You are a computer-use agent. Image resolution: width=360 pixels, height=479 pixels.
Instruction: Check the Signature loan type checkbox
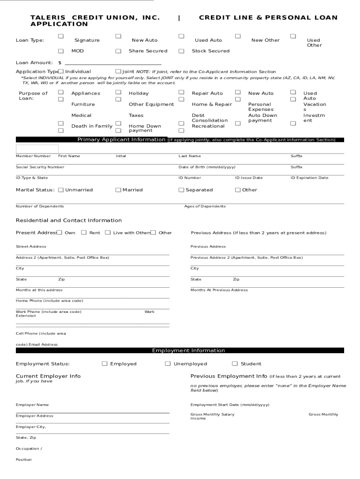coord(61,36)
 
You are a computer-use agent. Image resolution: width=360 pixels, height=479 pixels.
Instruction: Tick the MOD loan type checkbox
coord(61,51)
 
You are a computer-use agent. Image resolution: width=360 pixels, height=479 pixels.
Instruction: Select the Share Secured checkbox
coord(118,51)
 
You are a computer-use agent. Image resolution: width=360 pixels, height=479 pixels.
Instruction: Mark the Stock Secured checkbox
coord(181,51)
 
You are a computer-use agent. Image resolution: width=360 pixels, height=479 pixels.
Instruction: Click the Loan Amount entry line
coord(113,62)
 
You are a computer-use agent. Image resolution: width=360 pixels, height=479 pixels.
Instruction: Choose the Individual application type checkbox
coord(61,72)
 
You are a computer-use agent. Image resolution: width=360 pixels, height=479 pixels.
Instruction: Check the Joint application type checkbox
coord(118,72)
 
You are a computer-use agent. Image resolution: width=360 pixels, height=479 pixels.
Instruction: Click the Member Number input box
coord(37,149)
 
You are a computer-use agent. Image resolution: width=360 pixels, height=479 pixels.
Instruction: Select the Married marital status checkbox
coord(118,190)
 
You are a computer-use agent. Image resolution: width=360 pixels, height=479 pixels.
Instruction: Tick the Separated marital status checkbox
coord(181,190)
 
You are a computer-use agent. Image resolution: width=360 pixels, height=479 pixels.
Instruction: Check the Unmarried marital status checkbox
coord(61,190)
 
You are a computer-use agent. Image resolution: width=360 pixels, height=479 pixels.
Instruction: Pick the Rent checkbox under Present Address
coord(84,232)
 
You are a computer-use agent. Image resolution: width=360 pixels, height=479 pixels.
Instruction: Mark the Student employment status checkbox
coord(235,363)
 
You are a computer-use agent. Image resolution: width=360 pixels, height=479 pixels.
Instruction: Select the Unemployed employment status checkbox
coord(168,363)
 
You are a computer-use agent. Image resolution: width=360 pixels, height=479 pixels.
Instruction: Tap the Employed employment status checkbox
coord(105,363)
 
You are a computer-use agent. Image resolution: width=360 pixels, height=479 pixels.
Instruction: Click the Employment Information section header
coord(188,350)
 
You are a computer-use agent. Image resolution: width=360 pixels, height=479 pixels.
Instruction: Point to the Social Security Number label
coord(40,167)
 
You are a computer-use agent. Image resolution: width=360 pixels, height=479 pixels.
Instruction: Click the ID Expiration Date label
coord(309,178)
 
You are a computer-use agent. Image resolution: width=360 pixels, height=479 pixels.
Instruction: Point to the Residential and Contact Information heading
coord(69,220)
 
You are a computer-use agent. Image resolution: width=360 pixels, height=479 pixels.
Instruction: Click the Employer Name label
coord(32,405)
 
